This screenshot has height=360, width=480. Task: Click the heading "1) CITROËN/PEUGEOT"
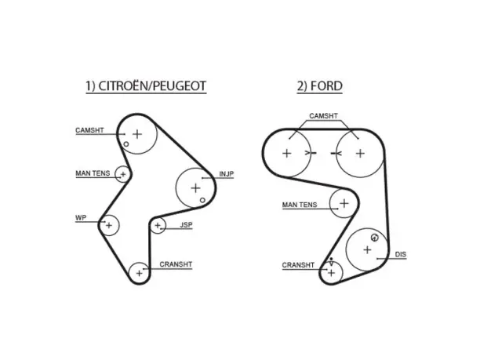coord(146,86)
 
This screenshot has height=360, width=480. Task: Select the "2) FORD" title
coord(319,86)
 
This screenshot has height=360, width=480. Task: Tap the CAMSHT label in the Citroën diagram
coord(89,130)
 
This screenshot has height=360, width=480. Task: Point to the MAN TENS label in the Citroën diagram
coord(93,173)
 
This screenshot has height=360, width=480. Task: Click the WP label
coord(81,218)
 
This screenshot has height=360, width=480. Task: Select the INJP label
coord(227,174)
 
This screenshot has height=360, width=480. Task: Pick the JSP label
coord(186,225)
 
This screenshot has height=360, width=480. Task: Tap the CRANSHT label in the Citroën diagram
coord(176,264)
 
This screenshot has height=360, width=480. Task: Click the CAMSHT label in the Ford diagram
coord(324,116)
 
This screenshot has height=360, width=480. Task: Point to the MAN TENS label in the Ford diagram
coord(300,205)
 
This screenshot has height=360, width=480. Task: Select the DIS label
coord(401,254)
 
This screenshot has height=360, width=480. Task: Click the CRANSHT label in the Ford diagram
coord(298,265)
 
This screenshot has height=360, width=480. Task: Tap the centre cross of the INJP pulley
coord(195,188)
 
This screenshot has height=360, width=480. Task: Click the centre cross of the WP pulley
coord(109,226)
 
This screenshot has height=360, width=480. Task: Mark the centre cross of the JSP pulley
coord(158,226)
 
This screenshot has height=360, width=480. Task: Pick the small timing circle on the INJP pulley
coord(202,200)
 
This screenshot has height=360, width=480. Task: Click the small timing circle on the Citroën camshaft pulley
coord(126,144)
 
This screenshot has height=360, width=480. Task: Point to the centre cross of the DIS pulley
coord(367,249)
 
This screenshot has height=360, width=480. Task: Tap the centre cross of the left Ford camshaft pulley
coord(286,154)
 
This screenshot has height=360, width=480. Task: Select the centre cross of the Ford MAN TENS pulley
coord(344,203)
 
